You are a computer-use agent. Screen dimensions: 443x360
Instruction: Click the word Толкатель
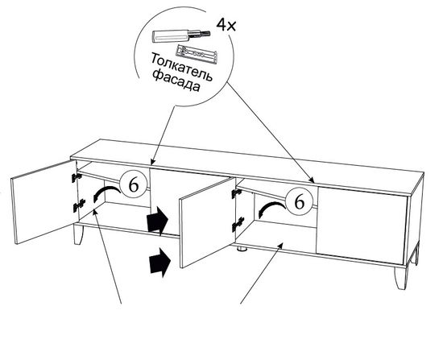[x=181, y=67]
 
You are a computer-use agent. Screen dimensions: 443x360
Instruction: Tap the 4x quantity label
[x=226, y=26]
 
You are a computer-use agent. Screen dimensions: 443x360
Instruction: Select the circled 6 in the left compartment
[x=134, y=185]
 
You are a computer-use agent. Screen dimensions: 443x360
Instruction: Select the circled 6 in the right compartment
[x=300, y=202]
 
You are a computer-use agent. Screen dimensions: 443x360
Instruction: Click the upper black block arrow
[x=157, y=221]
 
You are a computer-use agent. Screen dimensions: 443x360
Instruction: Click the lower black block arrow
[x=160, y=263]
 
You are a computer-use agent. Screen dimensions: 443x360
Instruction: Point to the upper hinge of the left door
[x=77, y=177]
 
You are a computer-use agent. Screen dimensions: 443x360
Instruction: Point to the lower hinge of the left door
[x=79, y=205]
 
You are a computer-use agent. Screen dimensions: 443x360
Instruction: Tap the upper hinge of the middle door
[x=236, y=193]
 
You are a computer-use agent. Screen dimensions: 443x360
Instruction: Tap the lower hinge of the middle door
[x=238, y=224]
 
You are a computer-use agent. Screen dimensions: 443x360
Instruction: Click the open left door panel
[x=44, y=202]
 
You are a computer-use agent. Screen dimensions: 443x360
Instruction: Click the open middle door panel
[x=207, y=222]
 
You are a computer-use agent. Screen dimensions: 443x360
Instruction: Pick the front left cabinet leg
[x=78, y=234]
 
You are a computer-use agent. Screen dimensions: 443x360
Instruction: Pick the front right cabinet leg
[x=401, y=278]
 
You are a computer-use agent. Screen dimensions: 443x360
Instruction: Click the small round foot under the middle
[x=242, y=249]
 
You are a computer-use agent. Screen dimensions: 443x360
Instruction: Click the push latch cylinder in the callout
[x=180, y=36]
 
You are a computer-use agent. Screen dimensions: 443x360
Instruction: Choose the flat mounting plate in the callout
[x=196, y=54]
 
